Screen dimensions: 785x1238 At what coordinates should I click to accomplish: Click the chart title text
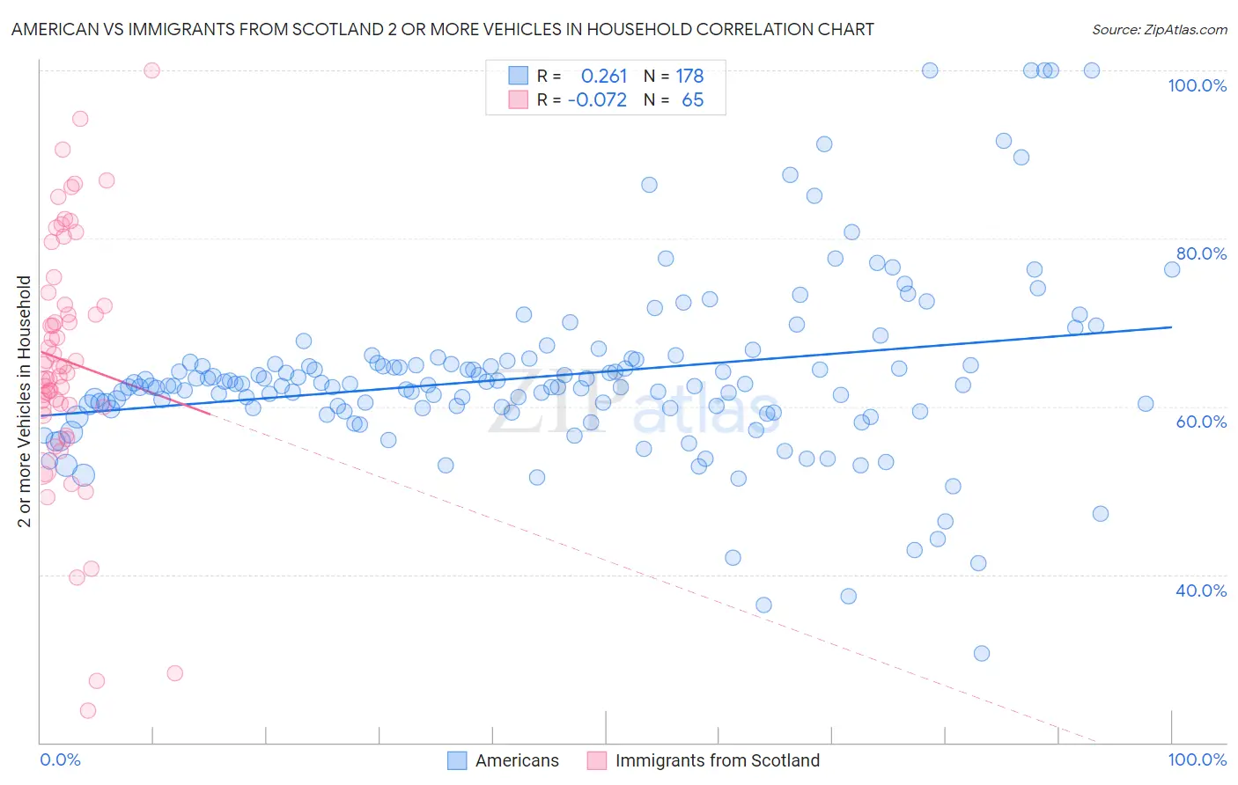(x=442, y=29)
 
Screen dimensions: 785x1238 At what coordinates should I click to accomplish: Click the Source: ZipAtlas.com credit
(x=1159, y=30)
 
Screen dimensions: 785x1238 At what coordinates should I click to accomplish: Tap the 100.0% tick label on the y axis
(x=1197, y=85)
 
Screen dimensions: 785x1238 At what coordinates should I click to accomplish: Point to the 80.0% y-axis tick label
(x=1201, y=253)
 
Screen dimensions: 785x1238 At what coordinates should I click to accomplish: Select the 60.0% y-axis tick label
(x=1201, y=422)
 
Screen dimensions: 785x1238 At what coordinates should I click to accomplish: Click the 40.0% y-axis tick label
(x=1201, y=591)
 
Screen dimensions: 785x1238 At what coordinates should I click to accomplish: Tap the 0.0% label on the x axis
(x=60, y=759)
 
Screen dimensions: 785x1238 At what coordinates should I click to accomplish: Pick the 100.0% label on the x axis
(x=1197, y=759)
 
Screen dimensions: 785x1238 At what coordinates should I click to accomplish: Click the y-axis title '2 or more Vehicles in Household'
(x=25, y=401)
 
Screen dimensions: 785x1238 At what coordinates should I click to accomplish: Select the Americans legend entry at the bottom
(x=516, y=760)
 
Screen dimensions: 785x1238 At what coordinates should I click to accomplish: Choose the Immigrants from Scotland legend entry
(x=717, y=760)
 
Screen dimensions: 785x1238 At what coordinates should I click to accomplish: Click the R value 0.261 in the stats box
(x=604, y=77)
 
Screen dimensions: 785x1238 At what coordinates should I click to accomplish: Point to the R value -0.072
(x=597, y=100)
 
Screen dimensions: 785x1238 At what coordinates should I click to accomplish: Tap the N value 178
(x=689, y=77)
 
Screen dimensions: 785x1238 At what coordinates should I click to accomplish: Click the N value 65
(x=692, y=100)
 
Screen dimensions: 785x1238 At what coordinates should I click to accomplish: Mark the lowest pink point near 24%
(x=88, y=710)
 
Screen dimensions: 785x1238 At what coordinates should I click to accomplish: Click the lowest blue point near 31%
(x=982, y=653)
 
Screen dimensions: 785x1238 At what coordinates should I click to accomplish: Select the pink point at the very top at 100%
(x=151, y=70)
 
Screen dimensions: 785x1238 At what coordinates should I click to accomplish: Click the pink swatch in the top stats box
(x=519, y=99)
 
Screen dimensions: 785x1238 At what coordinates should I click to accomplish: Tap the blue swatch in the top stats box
(x=519, y=76)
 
